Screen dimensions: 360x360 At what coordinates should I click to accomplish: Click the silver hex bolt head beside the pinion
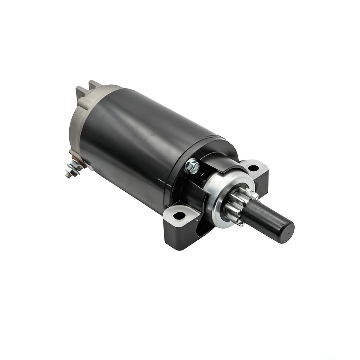coord(192,166)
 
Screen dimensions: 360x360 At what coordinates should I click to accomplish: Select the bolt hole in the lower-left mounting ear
coord(179,215)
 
